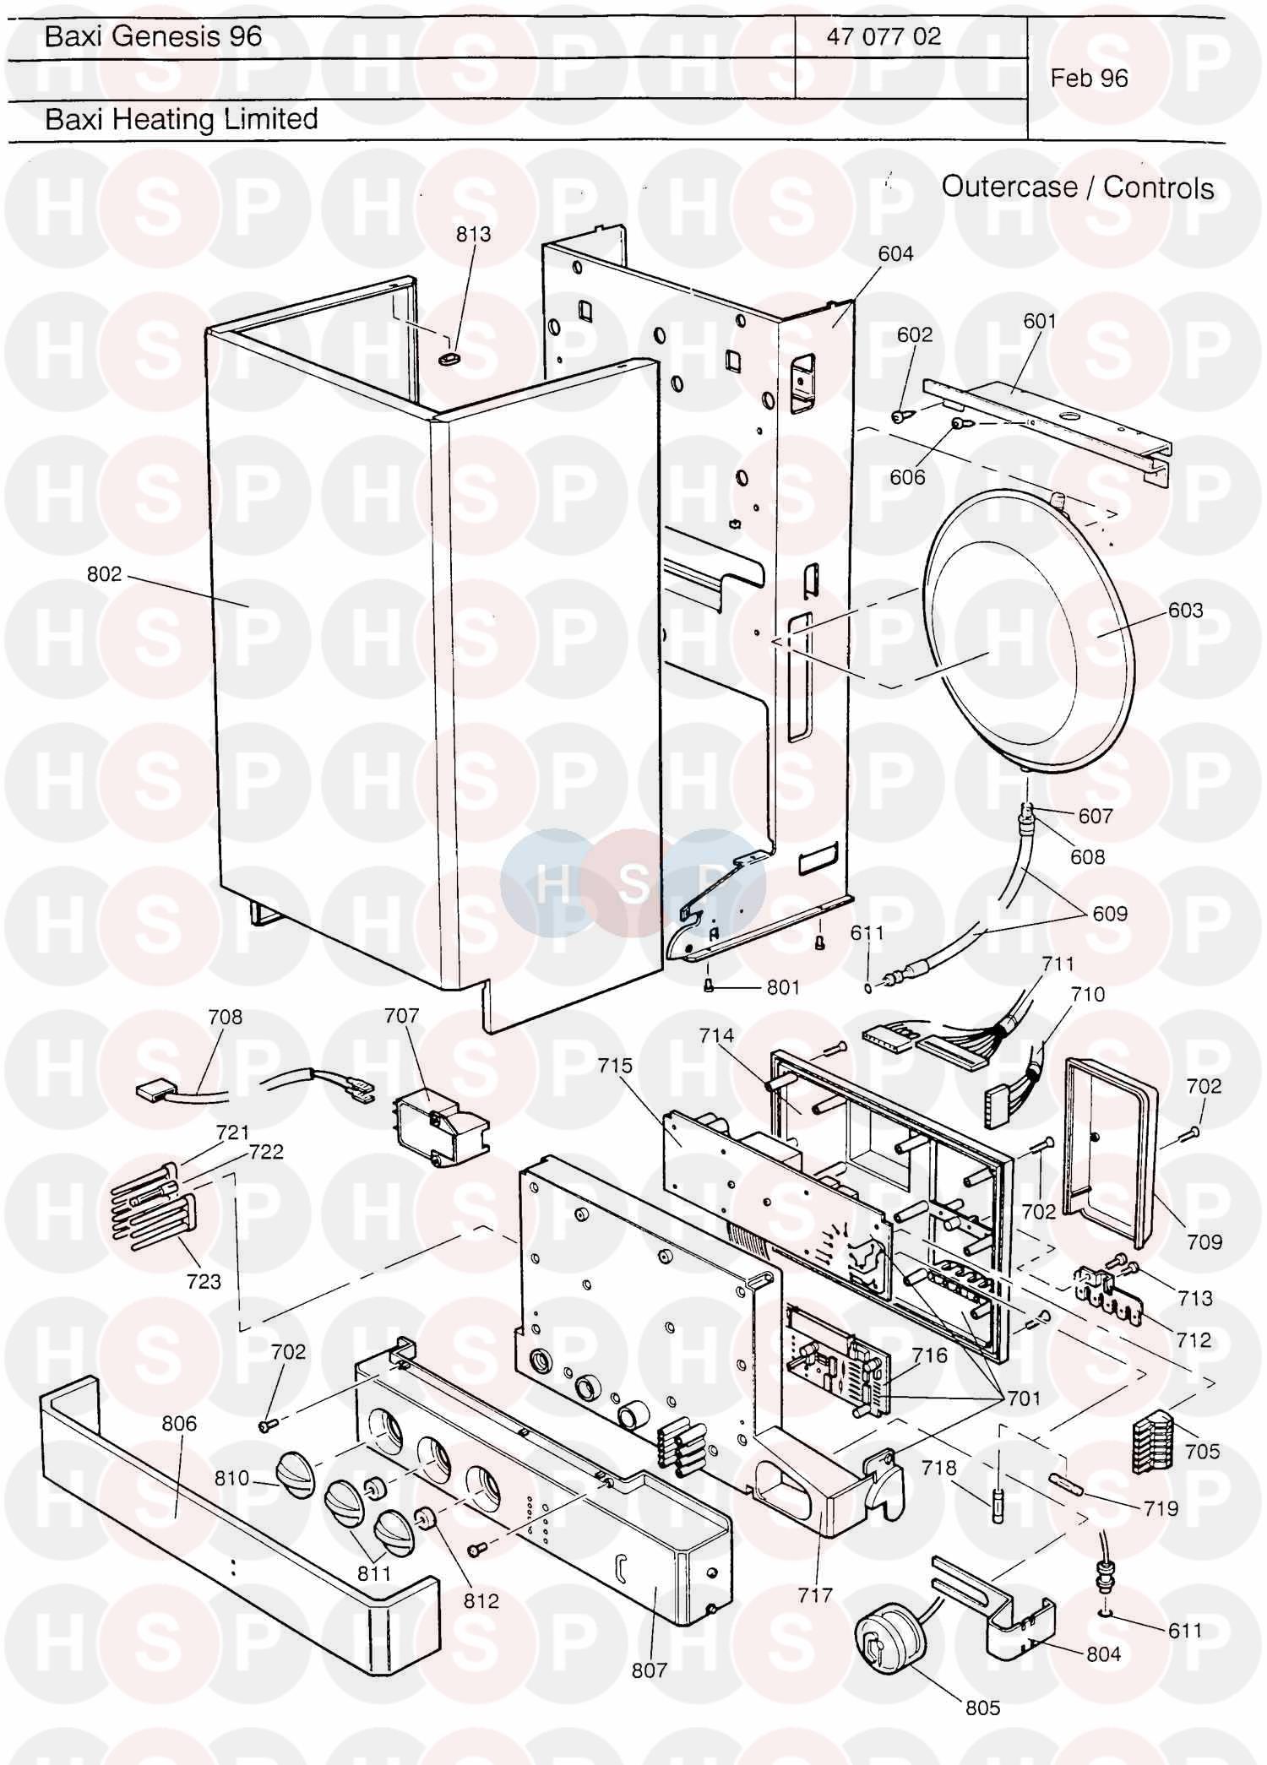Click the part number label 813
[x=473, y=234]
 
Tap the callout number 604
[x=895, y=253]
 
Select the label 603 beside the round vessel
[x=1185, y=610]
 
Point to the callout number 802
[x=105, y=574]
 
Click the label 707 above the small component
[x=401, y=1015]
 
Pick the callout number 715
[x=615, y=1066]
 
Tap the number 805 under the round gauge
[x=982, y=1708]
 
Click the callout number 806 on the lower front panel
[x=179, y=1424]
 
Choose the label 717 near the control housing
[x=815, y=1595]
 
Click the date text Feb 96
[x=1089, y=79]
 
